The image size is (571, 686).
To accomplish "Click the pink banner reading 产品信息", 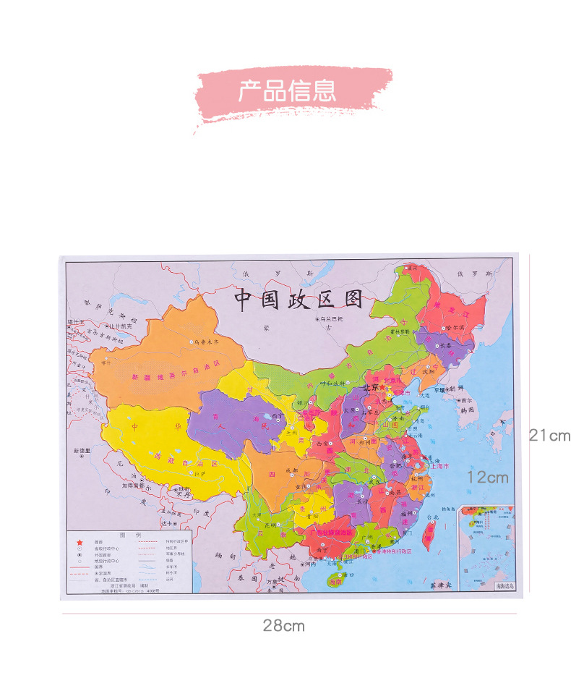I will (x=288, y=91).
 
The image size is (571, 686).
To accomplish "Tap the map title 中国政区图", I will (x=298, y=300).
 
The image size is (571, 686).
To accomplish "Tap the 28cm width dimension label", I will (x=283, y=626).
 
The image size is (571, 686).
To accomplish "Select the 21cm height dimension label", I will (x=549, y=436).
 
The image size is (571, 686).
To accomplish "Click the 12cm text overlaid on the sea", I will (x=487, y=478).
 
